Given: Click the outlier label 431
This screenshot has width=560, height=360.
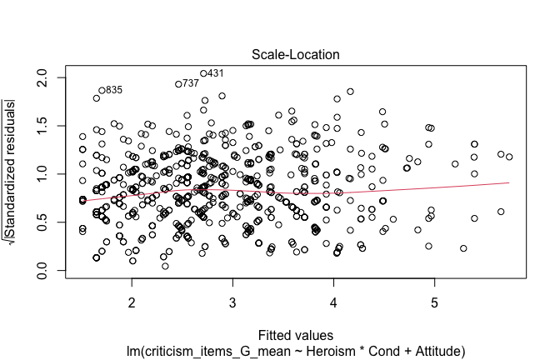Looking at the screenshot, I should tap(215, 73).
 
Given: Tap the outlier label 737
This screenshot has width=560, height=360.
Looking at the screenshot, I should tap(190, 83).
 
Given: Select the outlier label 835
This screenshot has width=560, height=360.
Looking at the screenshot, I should tap(114, 90).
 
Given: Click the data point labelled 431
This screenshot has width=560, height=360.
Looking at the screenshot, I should tap(203, 73).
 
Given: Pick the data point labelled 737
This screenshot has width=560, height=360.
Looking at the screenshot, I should tap(178, 84).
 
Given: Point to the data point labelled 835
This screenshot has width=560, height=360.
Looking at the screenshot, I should tap(102, 90).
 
